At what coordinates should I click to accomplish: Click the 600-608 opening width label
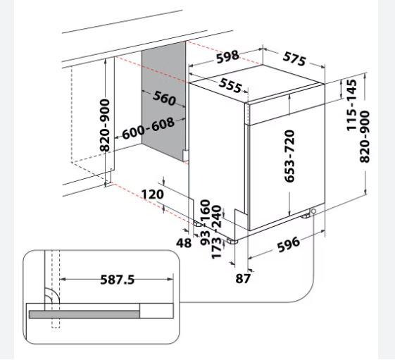tap(148, 128)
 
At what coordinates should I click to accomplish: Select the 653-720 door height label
tap(289, 156)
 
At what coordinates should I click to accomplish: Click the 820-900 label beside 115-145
tap(366, 137)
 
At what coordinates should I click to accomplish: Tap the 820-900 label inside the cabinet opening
tap(104, 125)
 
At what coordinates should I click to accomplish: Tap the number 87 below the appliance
tap(243, 278)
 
